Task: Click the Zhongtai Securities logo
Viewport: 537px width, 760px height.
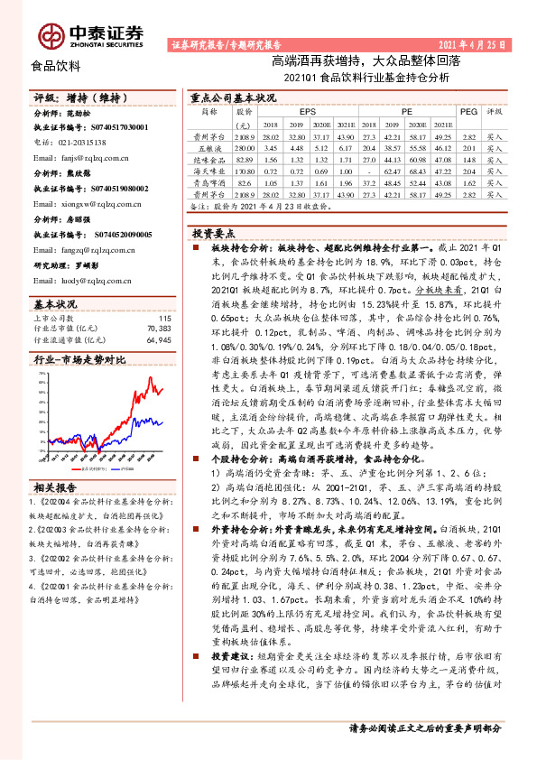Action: click(x=90, y=33)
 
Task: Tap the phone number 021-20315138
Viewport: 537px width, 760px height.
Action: click(x=76, y=143)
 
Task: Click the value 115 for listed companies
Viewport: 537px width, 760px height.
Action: click(x=164, y=293)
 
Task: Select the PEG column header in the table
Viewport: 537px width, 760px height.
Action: click(x=468, y=111)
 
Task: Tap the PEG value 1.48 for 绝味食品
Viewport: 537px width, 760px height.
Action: click(x=468, y=158)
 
